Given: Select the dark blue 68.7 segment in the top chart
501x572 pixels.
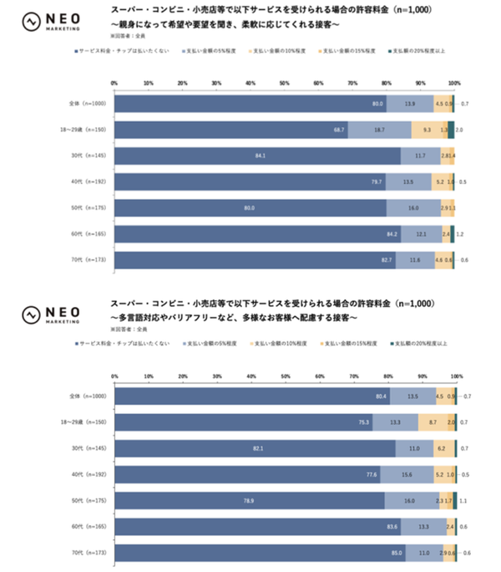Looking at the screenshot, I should click(230, 130).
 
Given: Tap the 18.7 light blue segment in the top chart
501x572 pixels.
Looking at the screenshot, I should click(379, 130).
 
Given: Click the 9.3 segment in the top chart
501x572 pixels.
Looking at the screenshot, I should click(428, 130).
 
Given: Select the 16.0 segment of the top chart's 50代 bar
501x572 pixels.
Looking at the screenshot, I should click(413, 208).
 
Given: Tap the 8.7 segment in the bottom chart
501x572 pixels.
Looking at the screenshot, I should click(433, 422).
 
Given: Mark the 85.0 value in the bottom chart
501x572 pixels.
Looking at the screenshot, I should click(397, 552).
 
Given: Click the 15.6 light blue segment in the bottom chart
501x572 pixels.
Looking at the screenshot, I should click(407, 474).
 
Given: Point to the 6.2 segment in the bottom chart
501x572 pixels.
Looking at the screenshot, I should click(439, 448).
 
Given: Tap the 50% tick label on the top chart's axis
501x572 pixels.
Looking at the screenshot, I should click(285, 83).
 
